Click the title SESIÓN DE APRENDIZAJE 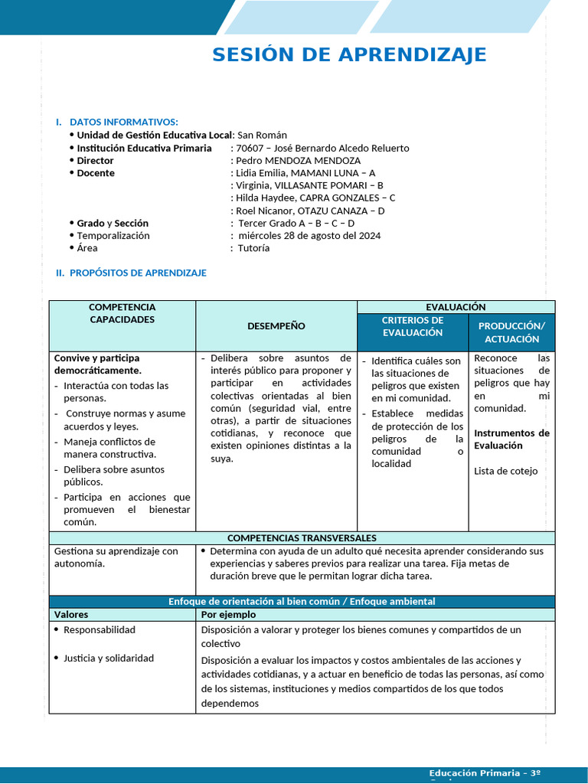coord(349,55)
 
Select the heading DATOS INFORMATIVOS coord(123,122)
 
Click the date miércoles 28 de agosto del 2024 coord(309,236)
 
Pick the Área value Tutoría coord(253,248)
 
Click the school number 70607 coord(250,148)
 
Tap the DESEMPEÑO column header coord(276,326)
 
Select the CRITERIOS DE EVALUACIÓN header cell coord(413,326)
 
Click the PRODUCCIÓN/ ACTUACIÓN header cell coord(511,332)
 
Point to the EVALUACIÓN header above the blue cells coord(456,307)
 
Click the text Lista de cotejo coord(505,471)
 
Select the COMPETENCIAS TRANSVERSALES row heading coord(302,538)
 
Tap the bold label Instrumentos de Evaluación coord(511,439)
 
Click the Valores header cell coord(71,614)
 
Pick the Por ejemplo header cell coord(228,614)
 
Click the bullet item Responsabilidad coord(100,629)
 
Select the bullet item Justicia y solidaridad coord(109,658)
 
